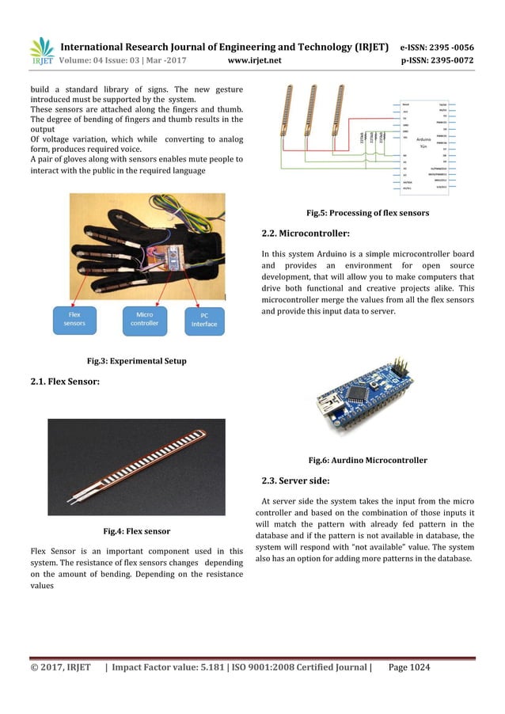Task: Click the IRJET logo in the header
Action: (41, 51)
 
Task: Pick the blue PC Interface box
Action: (203, 320)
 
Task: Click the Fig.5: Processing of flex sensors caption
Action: (367, 213)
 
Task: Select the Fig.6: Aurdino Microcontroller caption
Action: (367, 460)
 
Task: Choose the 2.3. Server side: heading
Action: (295, 480)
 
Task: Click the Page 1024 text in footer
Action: (409, 668)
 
